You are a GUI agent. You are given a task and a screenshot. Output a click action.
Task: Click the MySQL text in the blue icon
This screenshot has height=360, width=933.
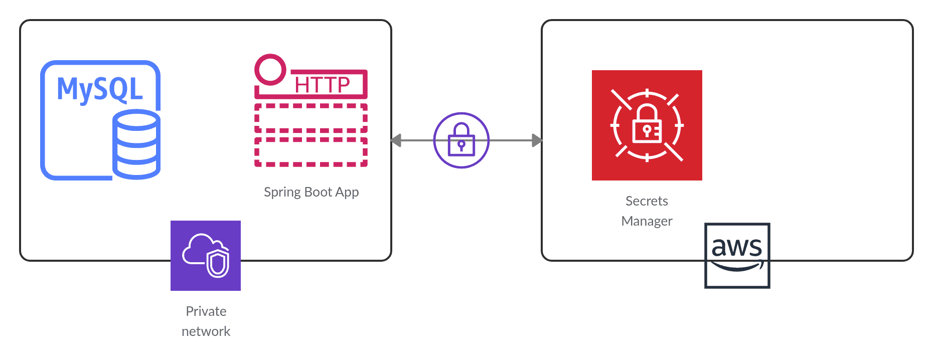[x=100, y=89]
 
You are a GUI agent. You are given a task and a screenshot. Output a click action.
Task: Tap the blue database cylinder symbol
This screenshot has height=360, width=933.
[x=136, y=144]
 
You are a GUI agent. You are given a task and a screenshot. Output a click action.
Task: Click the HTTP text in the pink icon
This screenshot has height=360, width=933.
[x=322, y=85]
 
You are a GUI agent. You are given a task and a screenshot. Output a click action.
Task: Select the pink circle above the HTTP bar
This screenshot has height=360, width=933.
[x=270, y=70]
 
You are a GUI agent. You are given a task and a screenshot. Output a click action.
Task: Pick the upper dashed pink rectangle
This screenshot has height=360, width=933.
[x=311, y=118]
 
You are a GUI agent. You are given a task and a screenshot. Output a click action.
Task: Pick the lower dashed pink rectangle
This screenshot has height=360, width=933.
[x=311, y=152]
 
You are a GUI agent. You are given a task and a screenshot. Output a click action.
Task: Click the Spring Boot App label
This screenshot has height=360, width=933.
[x=311, y=192]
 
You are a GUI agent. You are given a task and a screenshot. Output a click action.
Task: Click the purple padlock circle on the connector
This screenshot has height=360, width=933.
[x=461, y=140]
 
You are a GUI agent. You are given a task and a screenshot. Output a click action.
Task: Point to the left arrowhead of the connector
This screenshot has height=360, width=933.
[x=396, y=140]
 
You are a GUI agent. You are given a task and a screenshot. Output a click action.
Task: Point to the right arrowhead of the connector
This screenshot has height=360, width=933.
[x=537, y=140]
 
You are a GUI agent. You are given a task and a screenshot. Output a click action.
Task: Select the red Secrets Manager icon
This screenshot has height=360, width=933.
[x=647, y=125]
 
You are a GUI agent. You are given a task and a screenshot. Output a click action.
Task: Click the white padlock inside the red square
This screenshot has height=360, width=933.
[x=647, y=125]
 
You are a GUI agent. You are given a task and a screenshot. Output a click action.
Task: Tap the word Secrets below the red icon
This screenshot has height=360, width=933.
[x=647, y=201]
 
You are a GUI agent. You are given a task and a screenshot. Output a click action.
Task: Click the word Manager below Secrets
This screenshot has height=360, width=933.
[x=647, y=221]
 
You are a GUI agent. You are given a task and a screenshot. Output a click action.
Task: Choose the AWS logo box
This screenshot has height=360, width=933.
[x=737, y=256]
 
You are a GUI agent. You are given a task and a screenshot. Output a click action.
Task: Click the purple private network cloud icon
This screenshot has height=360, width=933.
[x=206, y=256]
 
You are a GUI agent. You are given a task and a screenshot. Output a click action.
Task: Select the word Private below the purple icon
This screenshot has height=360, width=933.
[x=206, y=311]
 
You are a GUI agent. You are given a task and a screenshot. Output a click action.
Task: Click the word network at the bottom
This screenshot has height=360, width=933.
[x=206, y=331]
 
